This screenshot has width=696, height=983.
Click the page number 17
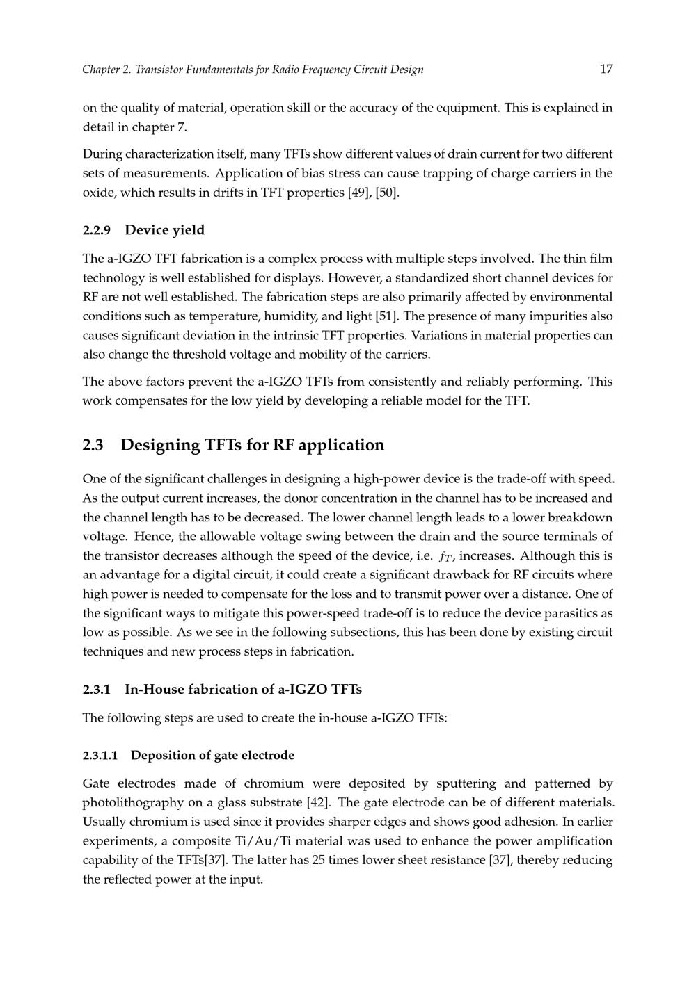[x=606, y=69]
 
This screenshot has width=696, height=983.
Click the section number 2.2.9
[x=97, y=230]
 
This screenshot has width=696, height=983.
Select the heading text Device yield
[x=165, y=230]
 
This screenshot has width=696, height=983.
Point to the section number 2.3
[x=93, y=445]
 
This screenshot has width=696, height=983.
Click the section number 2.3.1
[x=97, y=690]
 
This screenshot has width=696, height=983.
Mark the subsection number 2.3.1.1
[x=101, y=756]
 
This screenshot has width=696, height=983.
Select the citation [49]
[x=359, y=193]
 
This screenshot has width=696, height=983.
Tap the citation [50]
[x=387, y=193]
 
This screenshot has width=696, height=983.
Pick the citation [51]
[x=386, y=316]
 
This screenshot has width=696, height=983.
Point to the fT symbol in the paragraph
[x=446, y=556]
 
